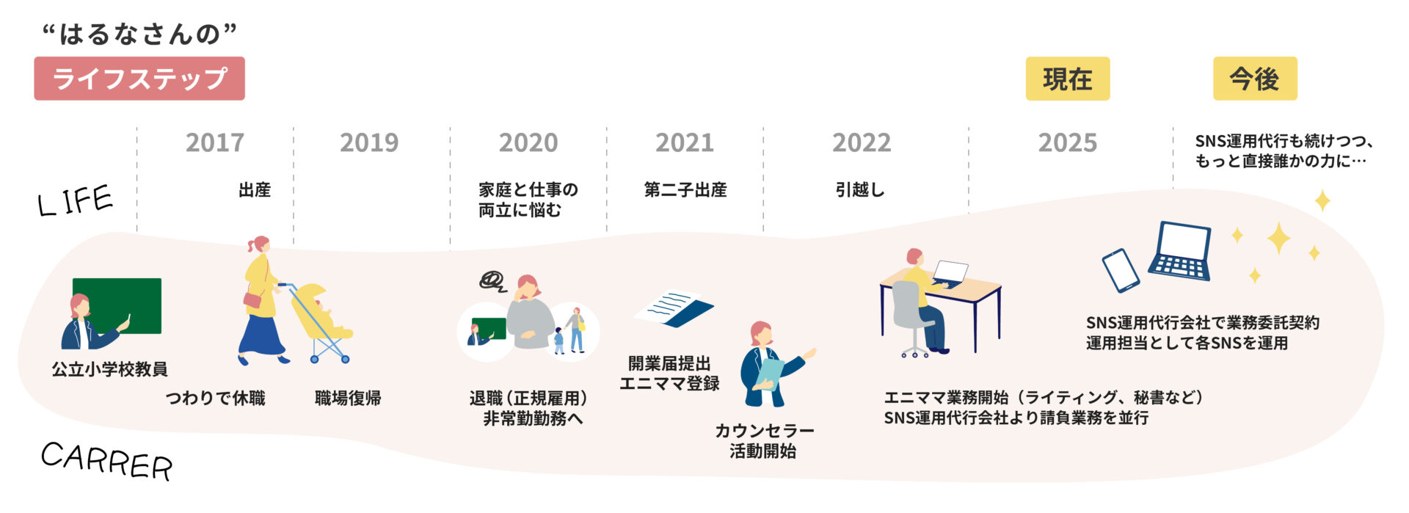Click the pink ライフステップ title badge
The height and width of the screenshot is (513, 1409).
coord(139,79)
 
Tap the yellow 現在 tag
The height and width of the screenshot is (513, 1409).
coord(1067,79)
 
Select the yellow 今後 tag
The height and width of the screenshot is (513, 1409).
coord(1254,79)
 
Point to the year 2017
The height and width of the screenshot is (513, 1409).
coord(214,142)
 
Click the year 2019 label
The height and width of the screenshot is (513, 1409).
coord(369,142)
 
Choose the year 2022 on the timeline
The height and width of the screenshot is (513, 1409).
coord(862,142)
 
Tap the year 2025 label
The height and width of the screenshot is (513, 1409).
coord(1067,142)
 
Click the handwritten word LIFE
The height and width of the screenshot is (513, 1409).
coord(75,201)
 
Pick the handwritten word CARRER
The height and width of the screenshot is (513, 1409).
coord(106,461)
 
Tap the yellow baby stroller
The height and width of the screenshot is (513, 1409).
coord(319,319)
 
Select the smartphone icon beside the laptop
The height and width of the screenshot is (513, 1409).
coord(1121,270)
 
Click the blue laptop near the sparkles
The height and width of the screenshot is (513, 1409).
coord(1181,252)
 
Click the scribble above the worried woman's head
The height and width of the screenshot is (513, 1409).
coord(492,280)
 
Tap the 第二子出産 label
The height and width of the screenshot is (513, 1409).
coord(685,190)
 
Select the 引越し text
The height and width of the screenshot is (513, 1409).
coord(860,190)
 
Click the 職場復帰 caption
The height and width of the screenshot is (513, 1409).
coord(348,399)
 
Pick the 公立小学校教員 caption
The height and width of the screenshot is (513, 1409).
coord(109,369)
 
